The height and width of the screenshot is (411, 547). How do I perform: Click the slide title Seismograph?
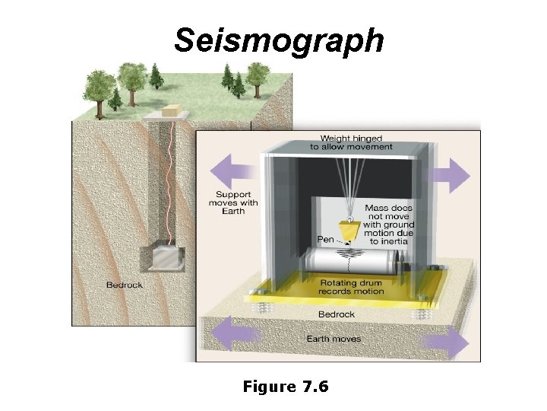point(279,40)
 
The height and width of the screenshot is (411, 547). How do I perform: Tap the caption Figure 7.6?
point(285,387)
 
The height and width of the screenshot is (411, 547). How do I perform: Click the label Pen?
point(325,239)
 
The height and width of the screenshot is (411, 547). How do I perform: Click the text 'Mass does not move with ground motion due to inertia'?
point(389,224)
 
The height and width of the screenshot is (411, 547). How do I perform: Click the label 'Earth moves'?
point(334,339)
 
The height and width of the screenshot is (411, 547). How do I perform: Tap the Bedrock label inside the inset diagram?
point(337,314)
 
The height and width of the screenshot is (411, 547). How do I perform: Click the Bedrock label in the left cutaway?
point(124,285)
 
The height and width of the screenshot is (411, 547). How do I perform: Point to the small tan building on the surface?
point(172,111)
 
